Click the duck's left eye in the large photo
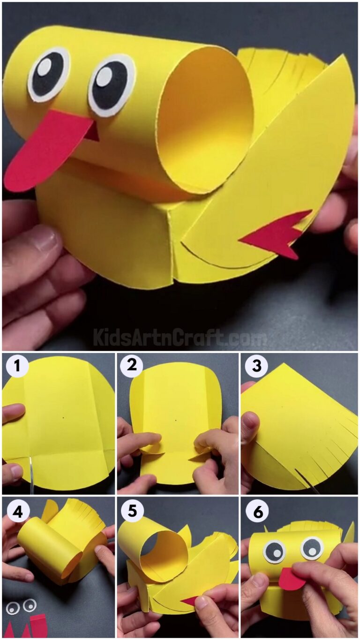pyautogui.click(x=48, y=75)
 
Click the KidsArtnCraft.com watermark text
pyautogui.click(x=180, y=337)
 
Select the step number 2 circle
pyautogui.click(x=132, y=366)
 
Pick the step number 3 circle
pyautogui.click(x=256, y=366)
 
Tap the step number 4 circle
pyautogui.click(x=17, y=512)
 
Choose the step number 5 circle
pyautogui.click(x=132, y=512)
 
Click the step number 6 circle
pyautogui.click(x=256, y=512)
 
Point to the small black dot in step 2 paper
pyautogui.click(x=176, y=420)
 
